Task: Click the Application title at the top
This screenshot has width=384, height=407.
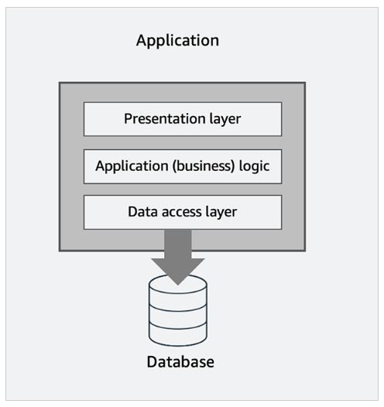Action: coord(177,41)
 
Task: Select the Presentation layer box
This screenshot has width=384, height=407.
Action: coord(183,119)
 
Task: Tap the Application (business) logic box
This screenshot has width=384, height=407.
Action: coord(183,166)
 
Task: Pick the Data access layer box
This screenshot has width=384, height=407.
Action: coord(183,212)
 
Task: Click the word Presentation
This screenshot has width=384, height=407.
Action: coord(165,118)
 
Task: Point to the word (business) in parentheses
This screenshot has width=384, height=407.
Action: coord(204,166)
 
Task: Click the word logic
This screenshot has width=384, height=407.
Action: coord(254,166)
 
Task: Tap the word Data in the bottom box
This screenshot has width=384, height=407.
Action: coord(143,211)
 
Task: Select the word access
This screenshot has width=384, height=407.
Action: coord(182,212)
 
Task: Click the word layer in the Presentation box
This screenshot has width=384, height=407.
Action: coord(225,119)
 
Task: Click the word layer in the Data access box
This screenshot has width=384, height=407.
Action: coord(221,212)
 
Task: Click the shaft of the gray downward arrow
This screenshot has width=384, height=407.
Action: coord(178,244)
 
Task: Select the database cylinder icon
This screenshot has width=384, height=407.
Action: coord(178,310)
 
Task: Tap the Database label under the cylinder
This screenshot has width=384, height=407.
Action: coord(180,362)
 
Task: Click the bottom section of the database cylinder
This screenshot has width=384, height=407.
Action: coord(178,335)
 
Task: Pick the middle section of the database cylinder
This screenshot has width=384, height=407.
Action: coord(178,316)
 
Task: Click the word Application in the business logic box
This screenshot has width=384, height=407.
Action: coord(132,166)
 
